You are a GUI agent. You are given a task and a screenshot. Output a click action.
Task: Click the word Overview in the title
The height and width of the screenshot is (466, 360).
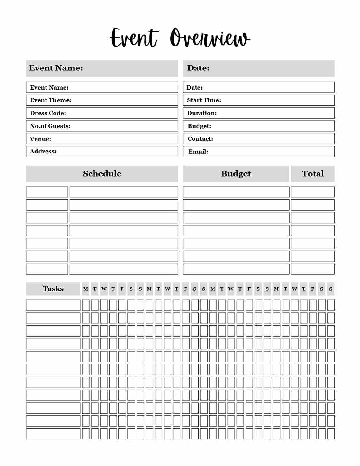210,38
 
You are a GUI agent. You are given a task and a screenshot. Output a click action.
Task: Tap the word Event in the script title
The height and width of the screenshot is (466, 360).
133,38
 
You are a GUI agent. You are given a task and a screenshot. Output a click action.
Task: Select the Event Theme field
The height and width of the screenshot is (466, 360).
102,100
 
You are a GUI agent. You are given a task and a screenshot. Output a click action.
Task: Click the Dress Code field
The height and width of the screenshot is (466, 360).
102,113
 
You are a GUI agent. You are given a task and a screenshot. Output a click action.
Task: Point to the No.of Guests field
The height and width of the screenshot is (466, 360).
102,126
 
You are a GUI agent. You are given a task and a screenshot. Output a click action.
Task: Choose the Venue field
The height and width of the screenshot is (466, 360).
102,139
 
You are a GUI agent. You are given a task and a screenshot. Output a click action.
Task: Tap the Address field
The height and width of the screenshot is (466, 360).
102,152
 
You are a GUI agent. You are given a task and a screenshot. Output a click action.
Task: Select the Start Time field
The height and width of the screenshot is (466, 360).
259,100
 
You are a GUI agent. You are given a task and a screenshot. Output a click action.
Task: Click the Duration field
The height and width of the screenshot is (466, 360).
259,113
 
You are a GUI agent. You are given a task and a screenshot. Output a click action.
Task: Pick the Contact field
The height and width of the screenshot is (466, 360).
259,139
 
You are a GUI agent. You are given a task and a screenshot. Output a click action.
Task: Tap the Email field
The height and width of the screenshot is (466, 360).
259,152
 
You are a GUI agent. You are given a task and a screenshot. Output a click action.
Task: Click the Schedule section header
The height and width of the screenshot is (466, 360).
102,174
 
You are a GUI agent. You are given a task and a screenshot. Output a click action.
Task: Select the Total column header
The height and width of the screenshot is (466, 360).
313,174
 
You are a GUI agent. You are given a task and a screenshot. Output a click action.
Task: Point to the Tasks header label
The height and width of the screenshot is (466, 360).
53,289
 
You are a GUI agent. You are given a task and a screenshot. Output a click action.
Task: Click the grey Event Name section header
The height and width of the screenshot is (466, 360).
102,68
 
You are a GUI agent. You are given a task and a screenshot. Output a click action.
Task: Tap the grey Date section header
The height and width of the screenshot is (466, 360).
259,68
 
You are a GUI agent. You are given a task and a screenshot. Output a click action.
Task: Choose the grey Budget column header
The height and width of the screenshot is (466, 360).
236,174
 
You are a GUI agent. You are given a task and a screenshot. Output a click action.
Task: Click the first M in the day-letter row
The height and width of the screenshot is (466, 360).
86,289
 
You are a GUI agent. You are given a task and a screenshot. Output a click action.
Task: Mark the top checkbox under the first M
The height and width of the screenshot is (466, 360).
86,305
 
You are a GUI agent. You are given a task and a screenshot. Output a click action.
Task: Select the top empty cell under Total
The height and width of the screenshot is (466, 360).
313,192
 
